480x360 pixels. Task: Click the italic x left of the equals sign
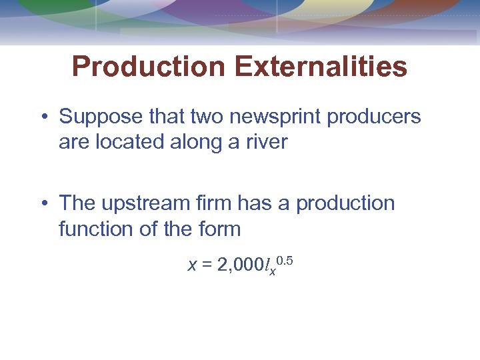[x=193, y=266]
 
